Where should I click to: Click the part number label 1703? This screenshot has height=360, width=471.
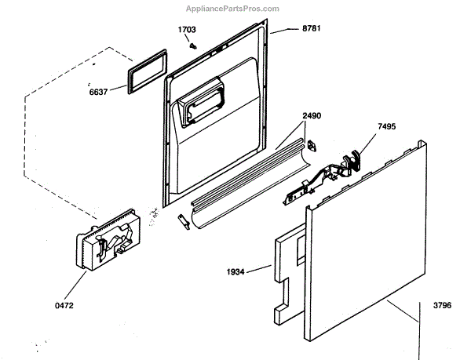pyautogui.click(x=186, y=30)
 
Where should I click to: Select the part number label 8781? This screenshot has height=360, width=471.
pyautogui.click(x=312, y=30)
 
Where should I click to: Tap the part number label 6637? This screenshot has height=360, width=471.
pyautogui.click(x=99, y=90)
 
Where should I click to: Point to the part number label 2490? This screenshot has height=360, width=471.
pyautogui.click(x=312, y=115)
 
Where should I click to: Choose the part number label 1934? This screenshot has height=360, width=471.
pyautogui.click(x=235, y=271)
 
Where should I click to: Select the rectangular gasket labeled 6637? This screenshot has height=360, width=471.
pyautogui.click(x=144, y=75)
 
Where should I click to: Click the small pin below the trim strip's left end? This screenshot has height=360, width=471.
pyautogui.click(x=185, y=223)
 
